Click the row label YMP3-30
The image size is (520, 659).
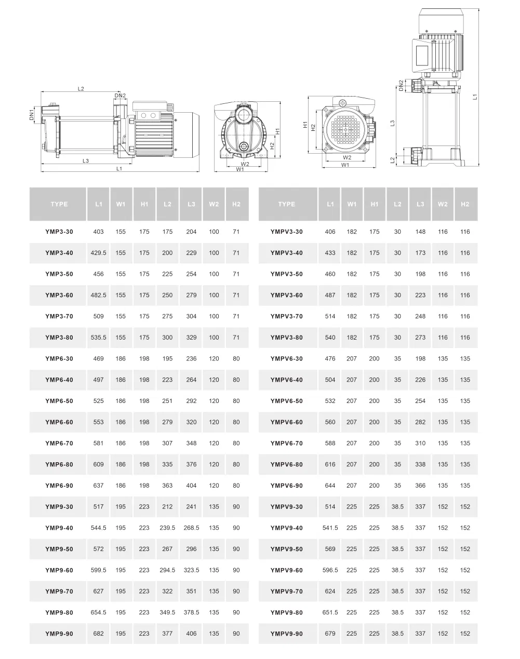tap(59, 232)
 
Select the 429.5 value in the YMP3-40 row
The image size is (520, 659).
tap(98, 253)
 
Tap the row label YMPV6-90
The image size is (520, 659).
tap(286, 486)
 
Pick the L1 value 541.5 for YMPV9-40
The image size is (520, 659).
tap(330, 528)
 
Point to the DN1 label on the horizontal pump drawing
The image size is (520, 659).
tap(31, 115)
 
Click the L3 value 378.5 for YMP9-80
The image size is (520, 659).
tap(191, 613)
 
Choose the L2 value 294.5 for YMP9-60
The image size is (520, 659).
tap(167, 570)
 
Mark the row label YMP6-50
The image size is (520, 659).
tap(59, 401)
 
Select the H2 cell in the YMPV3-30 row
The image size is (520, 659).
tap(465, 232)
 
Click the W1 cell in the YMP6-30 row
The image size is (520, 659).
tap(121, 359)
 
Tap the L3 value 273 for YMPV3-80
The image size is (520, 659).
tap(420, 338)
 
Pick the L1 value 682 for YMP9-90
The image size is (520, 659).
tap(98, 634)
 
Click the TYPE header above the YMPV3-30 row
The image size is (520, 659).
tap(286, 204)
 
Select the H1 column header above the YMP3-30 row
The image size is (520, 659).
tap(144, 204)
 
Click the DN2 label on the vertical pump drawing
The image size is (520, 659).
tap(401, 85)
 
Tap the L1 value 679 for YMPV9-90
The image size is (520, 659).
tap(330, 634)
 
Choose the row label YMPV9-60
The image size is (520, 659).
tap(286, 570)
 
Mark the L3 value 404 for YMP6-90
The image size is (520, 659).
tap(191, 486)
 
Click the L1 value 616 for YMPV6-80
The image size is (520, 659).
tap(330, 465)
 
